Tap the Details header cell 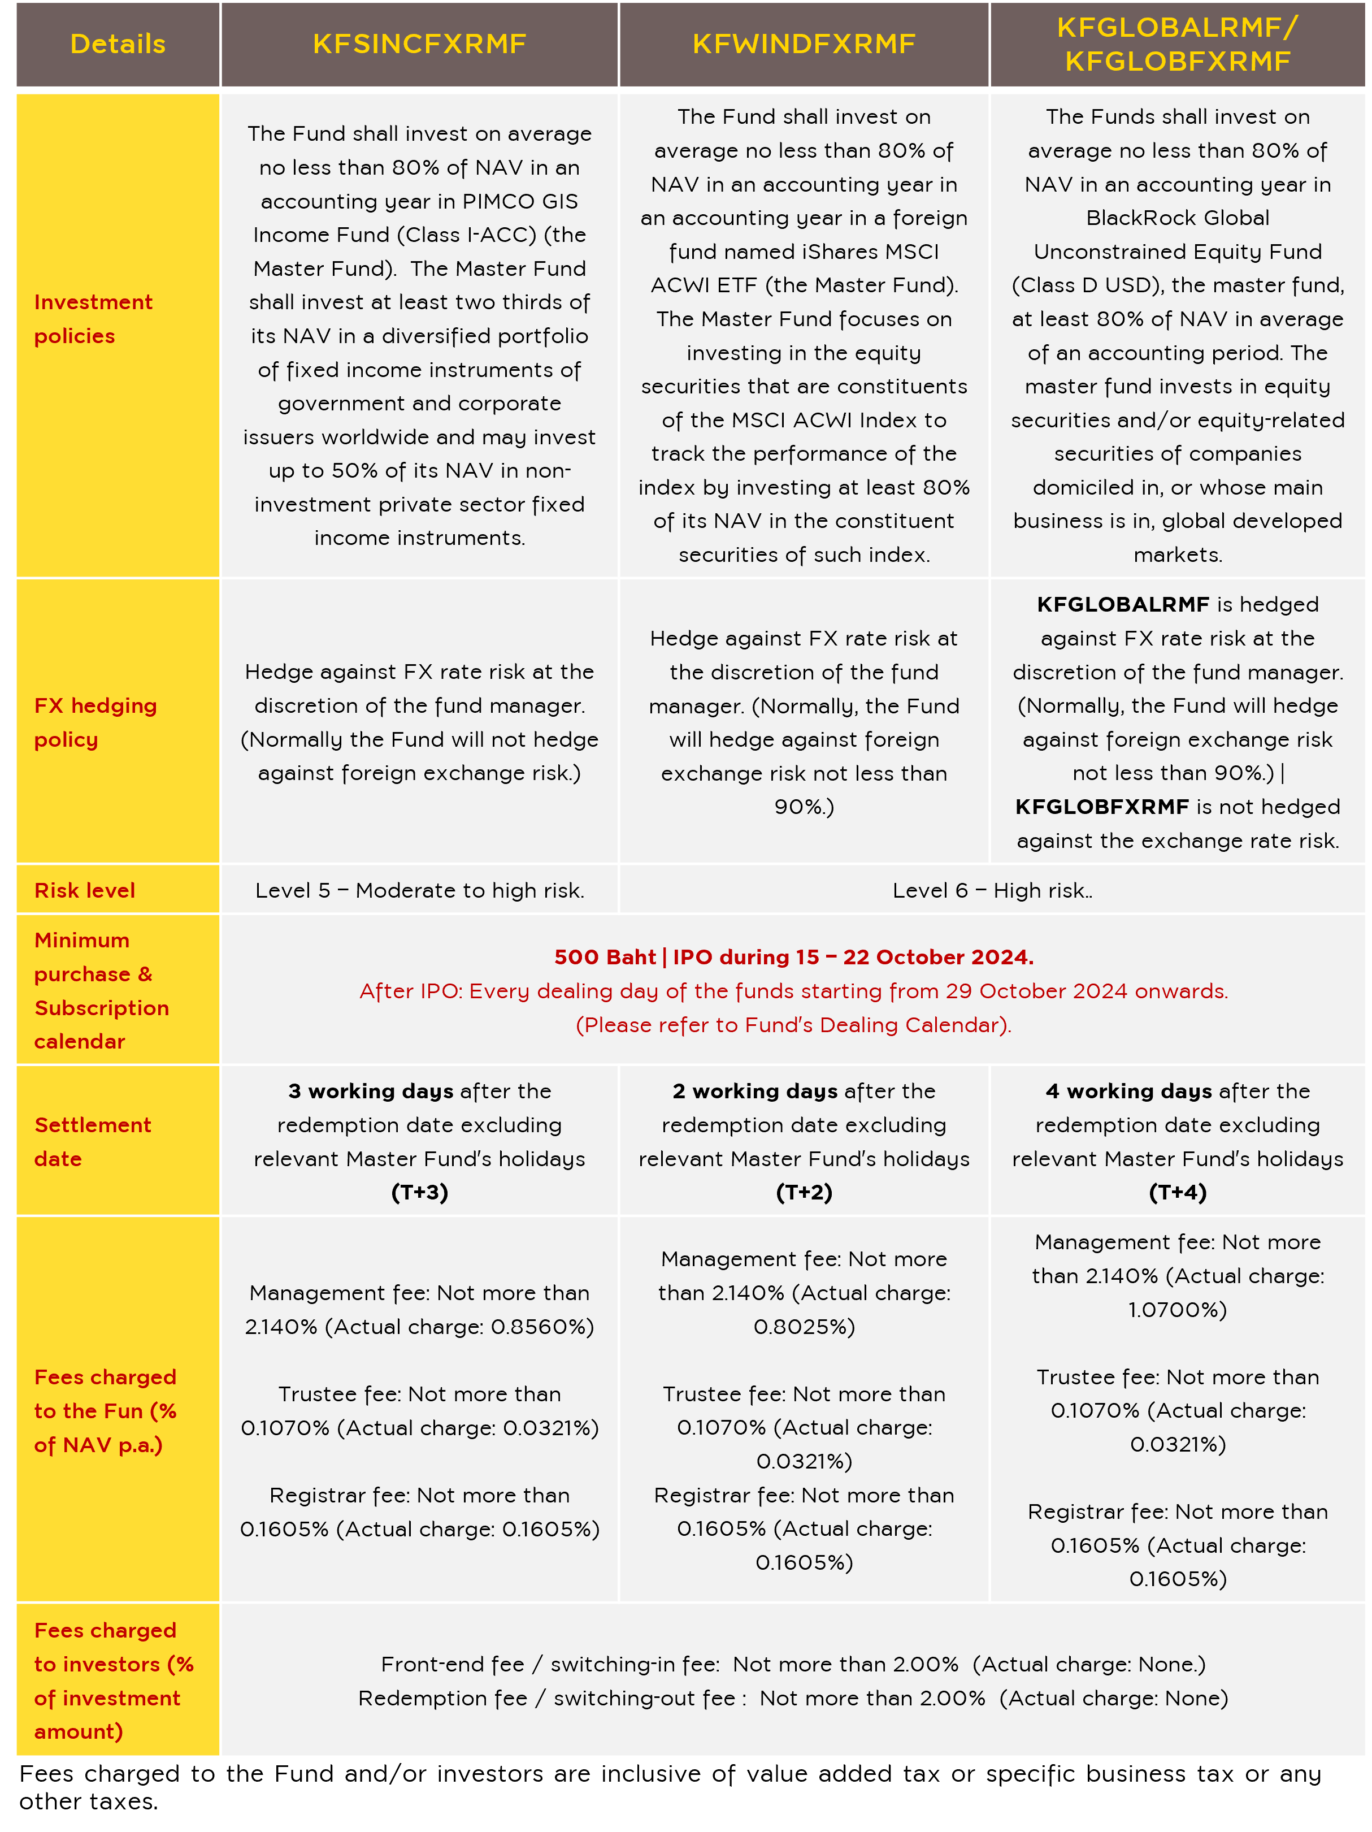tap(118, 44)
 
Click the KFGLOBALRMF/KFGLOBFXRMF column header tap(1178, 44)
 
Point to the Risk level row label tap(84, 890)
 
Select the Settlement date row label tap(92, 1141)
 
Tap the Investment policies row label tap(93, 319)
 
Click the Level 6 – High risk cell tap(992, 890)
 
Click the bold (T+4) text tap(1178, 1193)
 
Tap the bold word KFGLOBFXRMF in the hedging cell tap(1101, 807)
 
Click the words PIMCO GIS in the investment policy tap(520, 201)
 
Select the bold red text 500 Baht tap(605, 958)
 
